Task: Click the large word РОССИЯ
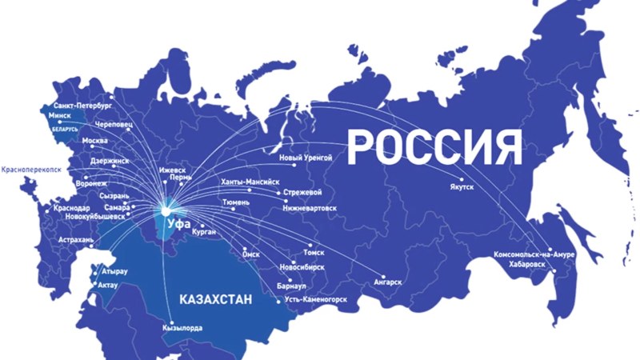[x=435, y=146]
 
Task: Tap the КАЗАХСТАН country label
[x=216, y=299]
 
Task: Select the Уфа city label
[x=178, y=224]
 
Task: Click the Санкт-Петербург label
[x=83, y=105]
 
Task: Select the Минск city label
[x=61, y=115]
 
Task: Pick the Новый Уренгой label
[x=305, y=158]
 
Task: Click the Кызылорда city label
[x=182, y=328]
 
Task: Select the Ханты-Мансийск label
[x=250, y=182]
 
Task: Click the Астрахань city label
[x=77, y=239]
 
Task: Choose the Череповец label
[x=113, y=126]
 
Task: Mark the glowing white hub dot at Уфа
[x=165, y=211]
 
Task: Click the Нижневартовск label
[x=309, y=207]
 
